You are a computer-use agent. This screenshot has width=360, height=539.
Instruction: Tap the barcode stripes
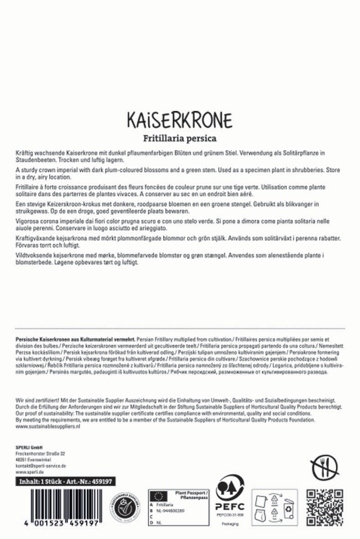[x=57, y=502]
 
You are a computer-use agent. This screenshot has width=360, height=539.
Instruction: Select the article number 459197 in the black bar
[x=102, y=481]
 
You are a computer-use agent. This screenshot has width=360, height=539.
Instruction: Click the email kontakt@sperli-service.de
[x=41, y=466]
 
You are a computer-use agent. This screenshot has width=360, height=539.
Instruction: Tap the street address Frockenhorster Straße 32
[x=40, y=454]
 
